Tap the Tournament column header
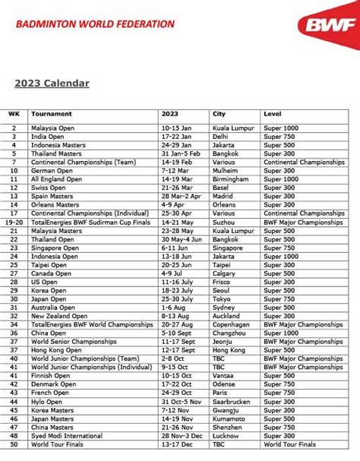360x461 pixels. point(52,113)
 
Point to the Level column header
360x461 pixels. point(272,113)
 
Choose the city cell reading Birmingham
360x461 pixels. point(232,179)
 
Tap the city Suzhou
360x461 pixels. point(226,223)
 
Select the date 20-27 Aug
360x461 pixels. point(178,324)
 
